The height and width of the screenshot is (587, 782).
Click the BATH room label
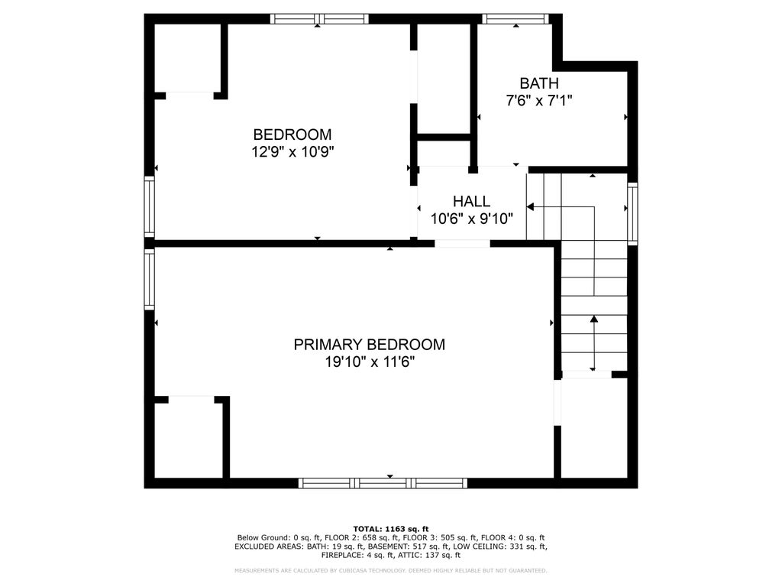(538, 83)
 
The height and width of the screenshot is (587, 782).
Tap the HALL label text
(471, 201)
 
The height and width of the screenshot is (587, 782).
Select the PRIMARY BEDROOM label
(369, 345)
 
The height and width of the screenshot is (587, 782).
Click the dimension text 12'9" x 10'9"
(292, 151)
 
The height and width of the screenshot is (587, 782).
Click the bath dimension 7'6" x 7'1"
(538, 100)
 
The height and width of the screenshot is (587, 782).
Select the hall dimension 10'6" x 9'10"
(471, 219)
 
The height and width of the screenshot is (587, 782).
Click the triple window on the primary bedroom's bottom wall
(383, 483)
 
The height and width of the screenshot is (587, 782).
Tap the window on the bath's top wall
(515, 19)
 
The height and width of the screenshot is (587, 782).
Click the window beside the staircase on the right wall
(632, 213)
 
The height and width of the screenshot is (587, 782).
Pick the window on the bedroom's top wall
(320, 19)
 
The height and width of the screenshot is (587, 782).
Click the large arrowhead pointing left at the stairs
(530, 206)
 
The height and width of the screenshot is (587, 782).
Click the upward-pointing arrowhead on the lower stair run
(594, 319)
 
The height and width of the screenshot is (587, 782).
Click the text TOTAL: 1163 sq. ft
(391, 529)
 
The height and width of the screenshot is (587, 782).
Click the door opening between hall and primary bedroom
(462, 244)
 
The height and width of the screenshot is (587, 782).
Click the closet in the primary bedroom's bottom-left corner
(188, 440)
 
